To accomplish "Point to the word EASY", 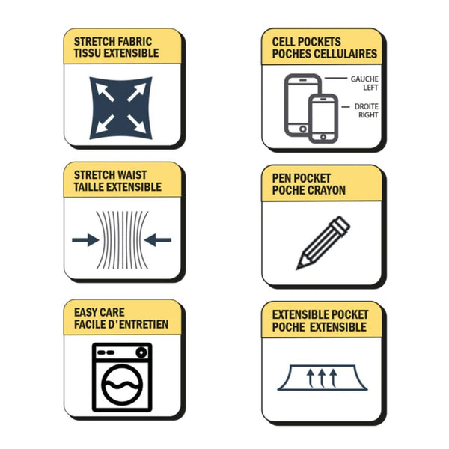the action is click(x=86, y=312).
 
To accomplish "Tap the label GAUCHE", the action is click(x=364, y=79).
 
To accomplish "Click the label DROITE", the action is click(x=366, y=106).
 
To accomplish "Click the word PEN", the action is click(x=281, y=178).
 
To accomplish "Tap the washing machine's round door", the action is click(x=122, y=385).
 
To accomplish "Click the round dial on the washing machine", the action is click(x=141, y=352).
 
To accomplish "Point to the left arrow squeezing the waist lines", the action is click(x=85, y=240).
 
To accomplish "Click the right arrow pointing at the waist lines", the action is click(x=158, y=240).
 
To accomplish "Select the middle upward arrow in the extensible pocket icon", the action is click(x=322, y=378).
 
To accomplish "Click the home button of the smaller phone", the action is click(x=323, y=137).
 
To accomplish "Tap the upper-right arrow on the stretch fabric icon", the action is click(x=137, y=92).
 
